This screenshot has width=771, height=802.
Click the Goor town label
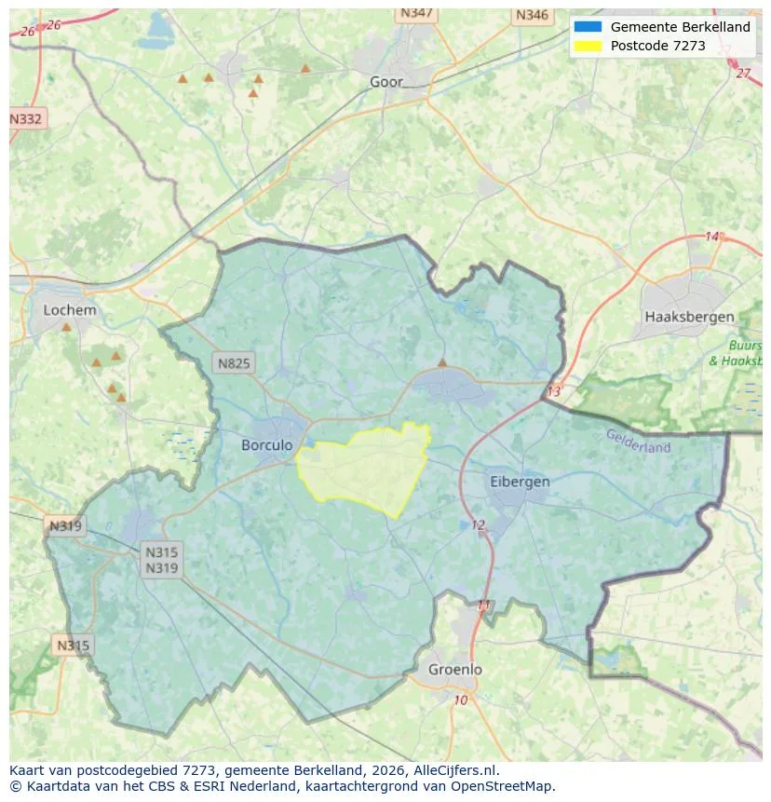(386, 82)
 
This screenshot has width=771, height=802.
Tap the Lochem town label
(70, 309)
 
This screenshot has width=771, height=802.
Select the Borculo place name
(266, 445)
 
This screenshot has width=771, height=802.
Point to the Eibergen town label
(520, 482)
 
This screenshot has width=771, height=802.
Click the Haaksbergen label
(689, 317)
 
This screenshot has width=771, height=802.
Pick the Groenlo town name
(455, 669)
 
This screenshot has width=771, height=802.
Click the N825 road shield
(233, 363)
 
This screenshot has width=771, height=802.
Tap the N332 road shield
(26, 119)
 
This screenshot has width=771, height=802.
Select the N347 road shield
(415, 13)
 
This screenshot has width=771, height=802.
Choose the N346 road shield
(532, 15)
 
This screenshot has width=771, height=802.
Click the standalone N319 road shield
(65, 526)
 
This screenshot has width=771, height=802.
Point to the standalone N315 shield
(73, 646)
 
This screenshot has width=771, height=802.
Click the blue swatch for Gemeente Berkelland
(588, 27)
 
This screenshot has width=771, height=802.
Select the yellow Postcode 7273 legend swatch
(588, 46)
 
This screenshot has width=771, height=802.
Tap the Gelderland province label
(638, 441)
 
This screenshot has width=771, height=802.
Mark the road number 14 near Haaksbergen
(712, 237)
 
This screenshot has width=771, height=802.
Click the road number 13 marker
(554, 391)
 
